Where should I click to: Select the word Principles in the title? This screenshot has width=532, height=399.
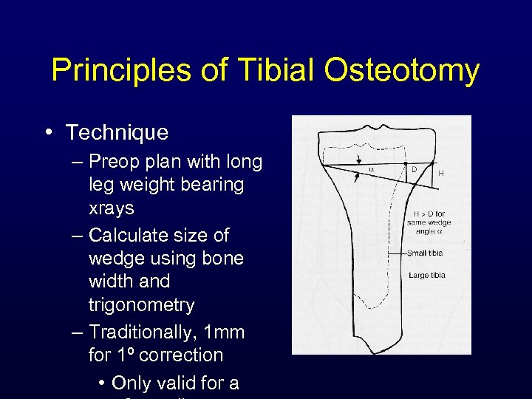(x=118, y=72)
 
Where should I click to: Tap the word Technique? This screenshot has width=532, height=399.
(x=117, y=133)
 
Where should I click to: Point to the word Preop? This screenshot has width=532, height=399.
(x=114, y=161)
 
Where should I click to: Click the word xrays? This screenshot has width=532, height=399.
(x=111, y=208)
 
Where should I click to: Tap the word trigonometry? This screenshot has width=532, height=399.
(x=141, y=304)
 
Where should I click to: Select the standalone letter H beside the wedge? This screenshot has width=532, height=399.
(x=441, y=173)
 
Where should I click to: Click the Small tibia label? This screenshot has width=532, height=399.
(x=426, y=253)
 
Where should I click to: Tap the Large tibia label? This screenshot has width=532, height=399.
(x=427, y=276)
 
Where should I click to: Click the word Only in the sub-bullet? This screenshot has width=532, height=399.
(x=134, y=383)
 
